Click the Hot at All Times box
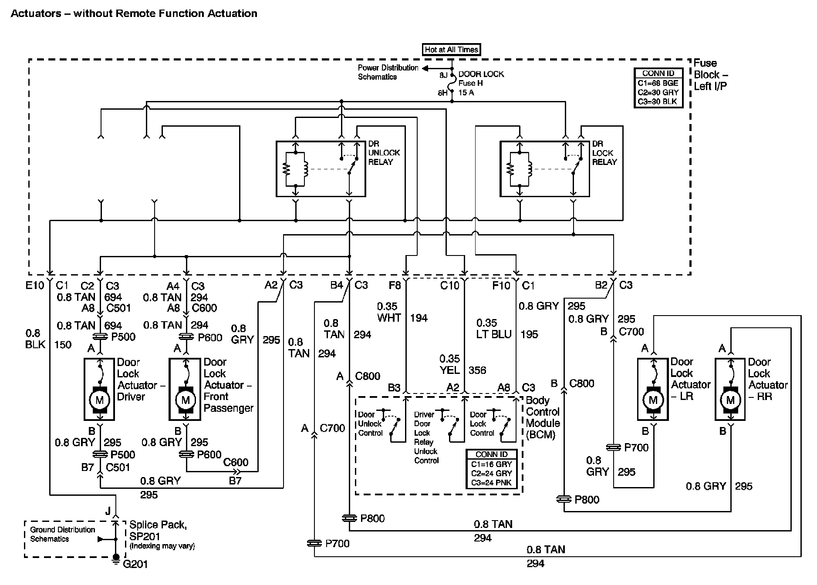point(451,50)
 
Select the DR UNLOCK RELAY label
point(384,153)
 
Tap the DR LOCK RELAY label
point(604,153)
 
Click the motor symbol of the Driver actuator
point(99,400)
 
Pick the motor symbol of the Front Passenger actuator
point(186,400)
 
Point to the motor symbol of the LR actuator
point(652,400)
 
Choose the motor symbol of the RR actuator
point(730,400)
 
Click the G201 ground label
point(135,565)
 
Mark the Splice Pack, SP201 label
point(158,530)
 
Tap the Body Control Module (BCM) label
point(543,417)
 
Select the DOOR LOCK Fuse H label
point(481,79)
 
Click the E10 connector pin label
point(35,286)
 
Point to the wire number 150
point(63,345)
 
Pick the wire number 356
point(477,370)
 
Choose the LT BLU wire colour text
point(494,335)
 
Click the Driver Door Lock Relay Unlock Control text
point(425,437)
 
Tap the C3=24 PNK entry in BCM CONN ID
point(491,483)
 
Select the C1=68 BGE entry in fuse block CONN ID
point(658,83)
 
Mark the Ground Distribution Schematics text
point(62,534)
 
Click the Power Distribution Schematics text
point(388,72)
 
